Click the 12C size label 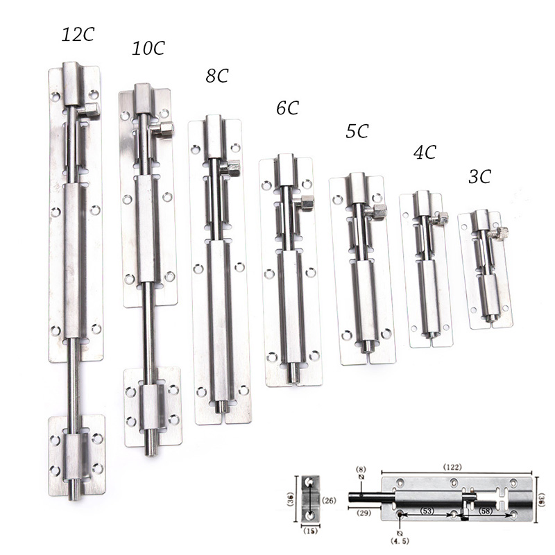pos(78,35)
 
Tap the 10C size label pos(148,48)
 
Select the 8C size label pos(217,76)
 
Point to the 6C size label pos(287,108)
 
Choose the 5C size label pos(357,131)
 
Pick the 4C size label pos(425,152)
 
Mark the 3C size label pos(479,176)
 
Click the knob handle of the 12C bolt pos(90,110)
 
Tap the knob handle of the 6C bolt pos(305,203)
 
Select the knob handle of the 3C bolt pos(499,233)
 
